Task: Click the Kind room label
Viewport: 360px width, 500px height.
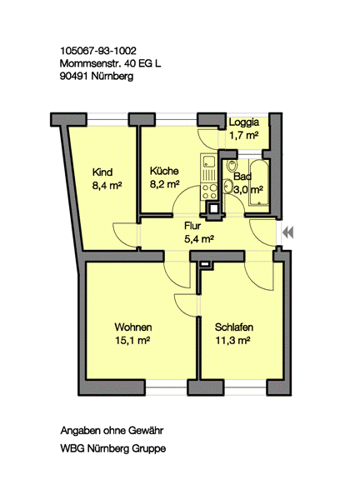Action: (102, 172)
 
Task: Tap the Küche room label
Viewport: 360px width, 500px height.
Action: (164, 171)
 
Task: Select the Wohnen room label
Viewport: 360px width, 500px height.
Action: (133, 327)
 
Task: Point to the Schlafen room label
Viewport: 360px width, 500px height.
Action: (233, 327)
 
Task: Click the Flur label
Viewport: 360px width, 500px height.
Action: (192, 226)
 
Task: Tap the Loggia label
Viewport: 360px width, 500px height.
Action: (244, 122)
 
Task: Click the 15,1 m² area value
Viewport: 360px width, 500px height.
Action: (132, 341)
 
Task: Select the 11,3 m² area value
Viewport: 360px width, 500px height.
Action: (232, 341)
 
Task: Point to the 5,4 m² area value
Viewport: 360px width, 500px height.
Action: (199, 238)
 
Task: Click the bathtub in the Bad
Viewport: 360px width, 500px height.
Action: (259, 182)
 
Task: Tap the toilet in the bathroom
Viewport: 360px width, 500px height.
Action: (232, 166)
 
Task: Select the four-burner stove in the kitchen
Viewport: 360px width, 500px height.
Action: (209, 192)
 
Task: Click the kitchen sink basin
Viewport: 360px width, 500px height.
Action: (209, 161)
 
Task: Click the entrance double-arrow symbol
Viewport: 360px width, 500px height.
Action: (288, 232)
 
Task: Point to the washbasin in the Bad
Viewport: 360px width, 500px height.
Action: (227, 186)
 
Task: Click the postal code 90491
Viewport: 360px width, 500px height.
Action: (74, 77)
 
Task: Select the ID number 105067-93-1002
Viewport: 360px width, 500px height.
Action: (98, 51)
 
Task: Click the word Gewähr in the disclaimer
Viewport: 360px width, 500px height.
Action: (146, 431)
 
